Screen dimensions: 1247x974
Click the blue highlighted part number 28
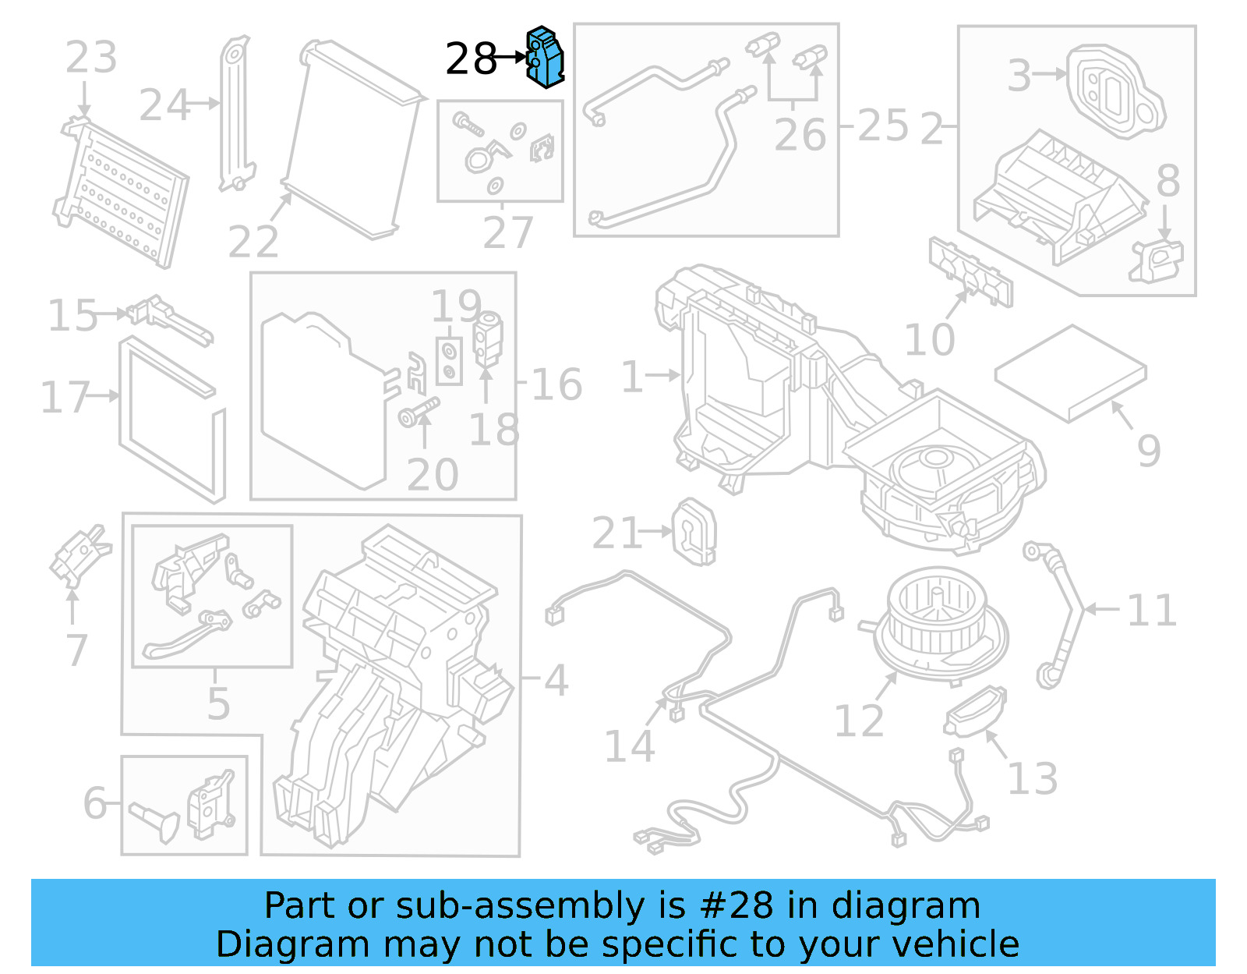pos(546,56)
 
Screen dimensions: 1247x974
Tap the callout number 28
pos(471,58)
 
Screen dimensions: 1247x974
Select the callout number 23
pos(90,57)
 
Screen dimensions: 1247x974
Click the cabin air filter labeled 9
pos(1070,373)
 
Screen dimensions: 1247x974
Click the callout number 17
pos(65,397)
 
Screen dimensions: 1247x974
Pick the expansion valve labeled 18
pos(489,338)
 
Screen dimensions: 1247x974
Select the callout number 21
pos(616,533)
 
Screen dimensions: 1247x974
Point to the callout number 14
pos(629,746)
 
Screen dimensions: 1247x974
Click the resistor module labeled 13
pos(974,710)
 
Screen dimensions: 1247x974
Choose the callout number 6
pos(95,802)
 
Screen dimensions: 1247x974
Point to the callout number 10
pos(929,339)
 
